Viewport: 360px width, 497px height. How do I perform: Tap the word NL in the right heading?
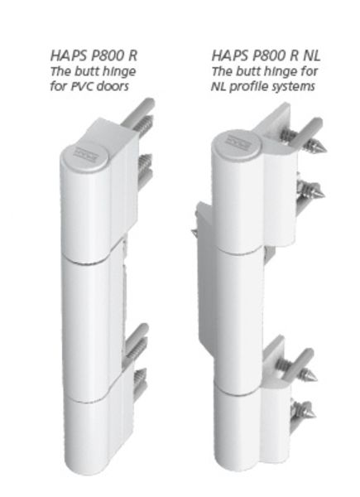(312, 55)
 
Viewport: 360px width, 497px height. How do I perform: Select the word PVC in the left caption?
(82, 86)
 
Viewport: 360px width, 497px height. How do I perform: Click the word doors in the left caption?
(113, 86)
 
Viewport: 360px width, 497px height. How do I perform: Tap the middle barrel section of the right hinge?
(241, 317)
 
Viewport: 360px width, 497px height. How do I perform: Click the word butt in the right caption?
(246, 71)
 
